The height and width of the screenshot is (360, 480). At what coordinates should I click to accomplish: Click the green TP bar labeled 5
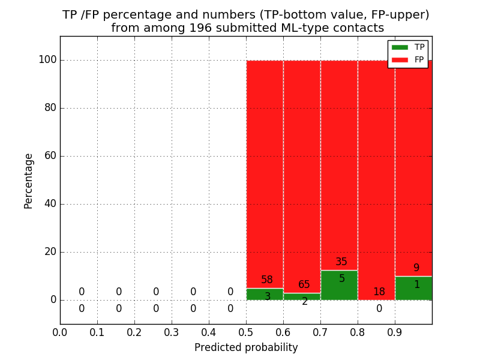[x=339, y=286]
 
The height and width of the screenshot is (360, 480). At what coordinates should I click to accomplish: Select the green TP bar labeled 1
[x=413, y=289]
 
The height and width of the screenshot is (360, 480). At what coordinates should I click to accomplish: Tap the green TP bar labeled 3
[x=265, y=295]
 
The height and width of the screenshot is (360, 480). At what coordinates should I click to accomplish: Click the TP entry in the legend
[x=408, y=47]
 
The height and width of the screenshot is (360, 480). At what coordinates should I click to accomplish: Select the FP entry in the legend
[x=408, y=59]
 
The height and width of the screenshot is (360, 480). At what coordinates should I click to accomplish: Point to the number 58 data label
[x=267, y=280]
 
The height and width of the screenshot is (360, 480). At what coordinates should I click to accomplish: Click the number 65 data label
[x=304, y=285]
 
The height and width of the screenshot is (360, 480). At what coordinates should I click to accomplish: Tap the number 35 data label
[x=341, y=262]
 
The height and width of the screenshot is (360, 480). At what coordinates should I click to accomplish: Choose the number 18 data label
[x=379, y=292]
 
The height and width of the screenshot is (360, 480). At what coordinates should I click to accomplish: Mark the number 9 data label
[x=416, y=268]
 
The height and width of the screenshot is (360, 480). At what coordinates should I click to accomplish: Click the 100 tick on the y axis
[x=47, y=60]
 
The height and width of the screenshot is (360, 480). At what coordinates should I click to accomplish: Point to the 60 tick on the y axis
[x=50, y=156]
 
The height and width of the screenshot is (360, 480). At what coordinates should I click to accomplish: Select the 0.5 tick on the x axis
[x=246, y=332]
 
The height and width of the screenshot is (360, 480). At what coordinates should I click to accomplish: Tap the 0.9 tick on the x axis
[x=395, y=332]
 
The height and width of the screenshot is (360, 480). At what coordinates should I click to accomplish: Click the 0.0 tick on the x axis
[x=60, y=332]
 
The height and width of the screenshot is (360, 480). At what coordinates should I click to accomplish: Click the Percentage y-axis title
[x=28, y=181]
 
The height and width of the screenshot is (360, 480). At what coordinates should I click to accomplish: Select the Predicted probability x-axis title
[x=246, y=348]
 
